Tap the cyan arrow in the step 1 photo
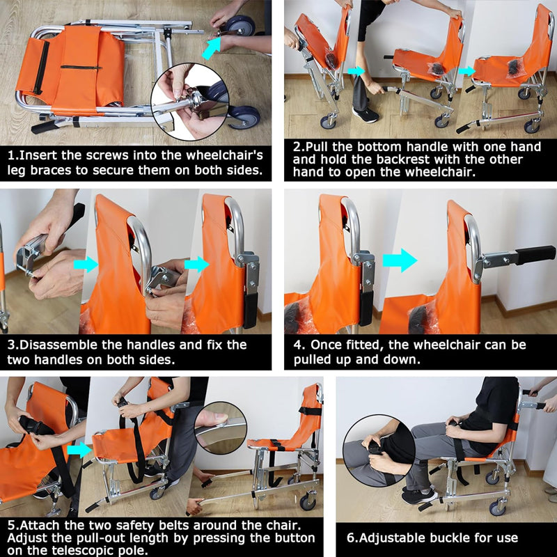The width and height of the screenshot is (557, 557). point(212,48)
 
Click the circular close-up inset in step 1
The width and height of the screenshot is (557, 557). point(190,102)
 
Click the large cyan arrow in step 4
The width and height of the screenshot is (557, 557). point(400,260)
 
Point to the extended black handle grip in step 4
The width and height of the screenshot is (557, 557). point(535,255)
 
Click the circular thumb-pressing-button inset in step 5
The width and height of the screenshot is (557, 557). point(221,427)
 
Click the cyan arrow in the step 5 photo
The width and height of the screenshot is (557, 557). point(79,450)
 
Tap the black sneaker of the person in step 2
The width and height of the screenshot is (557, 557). point(366,114)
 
